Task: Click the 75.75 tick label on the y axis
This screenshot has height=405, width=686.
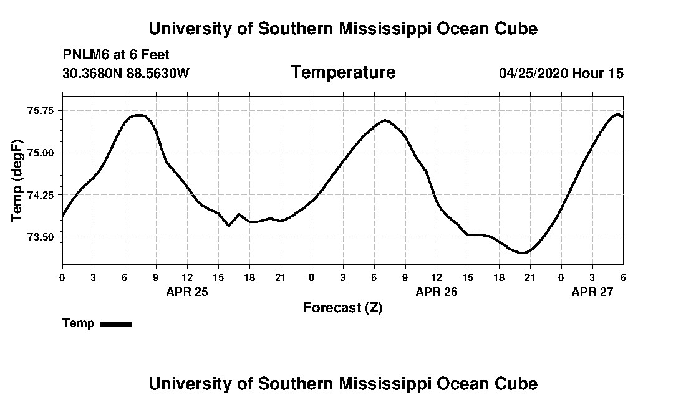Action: (42, 110)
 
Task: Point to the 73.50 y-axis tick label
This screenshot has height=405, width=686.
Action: (42, 237)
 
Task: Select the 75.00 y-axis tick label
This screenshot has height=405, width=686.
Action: (42, 153)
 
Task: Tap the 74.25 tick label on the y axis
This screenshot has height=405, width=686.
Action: (42, 195)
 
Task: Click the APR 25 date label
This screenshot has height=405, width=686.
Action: (187, 292)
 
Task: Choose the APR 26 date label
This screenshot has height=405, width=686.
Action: (437, 292)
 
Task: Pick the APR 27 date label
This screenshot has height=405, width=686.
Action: (592, 292)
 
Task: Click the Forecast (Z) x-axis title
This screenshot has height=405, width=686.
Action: (343, 308)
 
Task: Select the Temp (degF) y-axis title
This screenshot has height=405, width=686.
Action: (17, 181)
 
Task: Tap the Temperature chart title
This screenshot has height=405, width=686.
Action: (343, 73)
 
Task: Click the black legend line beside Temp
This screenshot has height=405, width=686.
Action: (116, 324)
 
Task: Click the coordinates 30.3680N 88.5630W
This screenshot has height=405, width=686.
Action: (126, 74)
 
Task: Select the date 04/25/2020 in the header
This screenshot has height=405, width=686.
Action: (533, 74)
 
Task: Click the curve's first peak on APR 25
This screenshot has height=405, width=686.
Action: (140, 115)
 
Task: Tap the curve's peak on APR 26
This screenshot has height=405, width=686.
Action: (385, 120)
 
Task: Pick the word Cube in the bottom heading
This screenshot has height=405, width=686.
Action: (518, 383)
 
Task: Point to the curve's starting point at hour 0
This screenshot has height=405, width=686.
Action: (62, 216)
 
